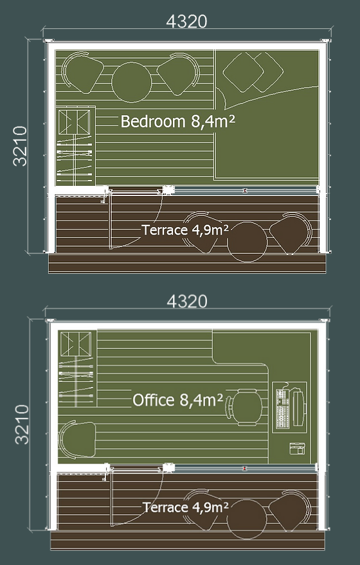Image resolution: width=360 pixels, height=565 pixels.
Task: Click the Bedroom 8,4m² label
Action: click(177, 121)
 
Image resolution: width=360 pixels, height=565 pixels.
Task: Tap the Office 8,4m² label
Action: click(177, 400)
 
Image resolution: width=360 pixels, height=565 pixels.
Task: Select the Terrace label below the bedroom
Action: click(185, 230)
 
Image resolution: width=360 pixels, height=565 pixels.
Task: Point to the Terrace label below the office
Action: click(185, 507)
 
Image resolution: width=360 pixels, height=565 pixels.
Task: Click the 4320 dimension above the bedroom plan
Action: click(186, 22)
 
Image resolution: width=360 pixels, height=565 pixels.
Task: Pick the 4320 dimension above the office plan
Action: click(187, 301)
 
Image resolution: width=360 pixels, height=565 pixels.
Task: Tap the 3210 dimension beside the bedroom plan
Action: click(20, 146)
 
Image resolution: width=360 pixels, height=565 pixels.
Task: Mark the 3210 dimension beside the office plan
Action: click(22, 424)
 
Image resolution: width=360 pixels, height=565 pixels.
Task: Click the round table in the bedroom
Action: click(132, 82)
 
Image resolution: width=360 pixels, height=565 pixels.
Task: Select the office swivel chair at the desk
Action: click(245, 408)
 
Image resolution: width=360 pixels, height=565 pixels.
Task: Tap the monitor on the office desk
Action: click(298, 407)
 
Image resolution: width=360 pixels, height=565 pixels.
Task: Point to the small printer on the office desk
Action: click(297, 449)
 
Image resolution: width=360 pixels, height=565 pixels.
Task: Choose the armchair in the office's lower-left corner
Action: click(77, 440)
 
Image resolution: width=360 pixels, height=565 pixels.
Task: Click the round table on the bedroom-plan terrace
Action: click(248, 242)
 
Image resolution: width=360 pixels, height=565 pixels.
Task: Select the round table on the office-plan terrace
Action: click(247, 519)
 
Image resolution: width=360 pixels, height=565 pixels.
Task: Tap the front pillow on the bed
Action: click(243, 72)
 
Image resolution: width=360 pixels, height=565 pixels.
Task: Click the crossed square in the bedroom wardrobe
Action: click(74, 122)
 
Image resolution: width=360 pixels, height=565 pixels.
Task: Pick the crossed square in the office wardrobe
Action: click(76, 344)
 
